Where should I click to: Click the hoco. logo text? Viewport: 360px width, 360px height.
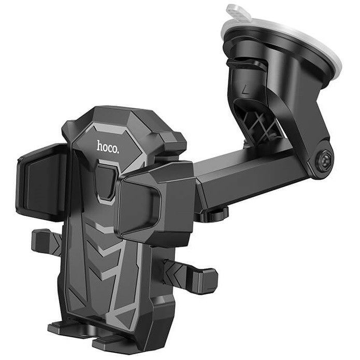(108, 147)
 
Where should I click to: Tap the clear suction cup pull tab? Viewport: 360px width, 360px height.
(238, 12)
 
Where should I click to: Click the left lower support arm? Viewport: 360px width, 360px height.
(46, 241)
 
